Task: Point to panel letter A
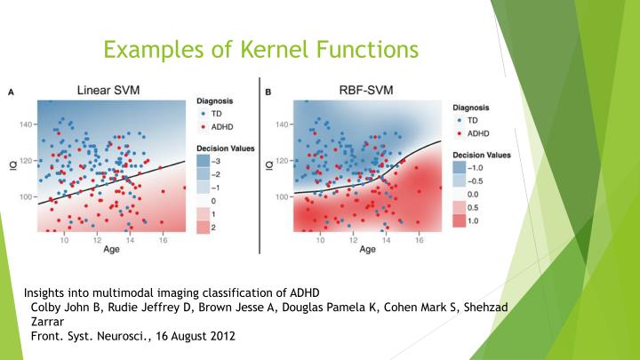tap(12, 91)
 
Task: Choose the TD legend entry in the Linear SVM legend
tap(213, 114)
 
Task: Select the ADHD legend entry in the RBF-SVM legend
tap(476, 132)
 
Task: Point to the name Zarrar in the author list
tap(52, 322)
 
